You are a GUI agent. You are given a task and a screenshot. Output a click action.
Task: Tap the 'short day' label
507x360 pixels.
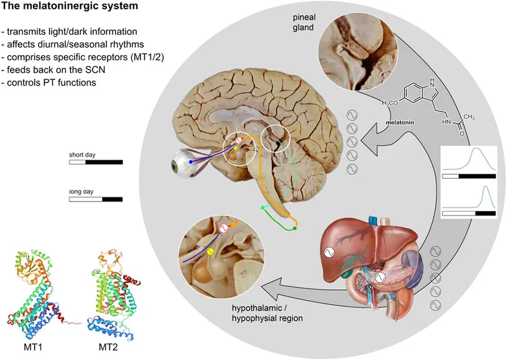coord(83,153)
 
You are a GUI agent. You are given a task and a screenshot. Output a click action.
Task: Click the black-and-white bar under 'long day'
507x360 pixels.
coord(96,199)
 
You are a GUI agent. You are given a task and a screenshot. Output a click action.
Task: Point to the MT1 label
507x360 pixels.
coord(26,348)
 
